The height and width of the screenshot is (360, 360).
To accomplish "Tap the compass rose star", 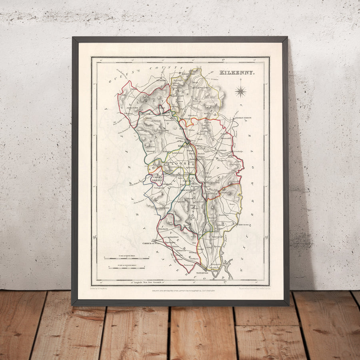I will pos(240,92).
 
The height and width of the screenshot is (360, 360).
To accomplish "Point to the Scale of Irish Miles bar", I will pos(126,258).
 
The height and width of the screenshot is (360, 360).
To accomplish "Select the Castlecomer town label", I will pos(203,87).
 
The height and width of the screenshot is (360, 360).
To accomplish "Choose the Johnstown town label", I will pos(132,108).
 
